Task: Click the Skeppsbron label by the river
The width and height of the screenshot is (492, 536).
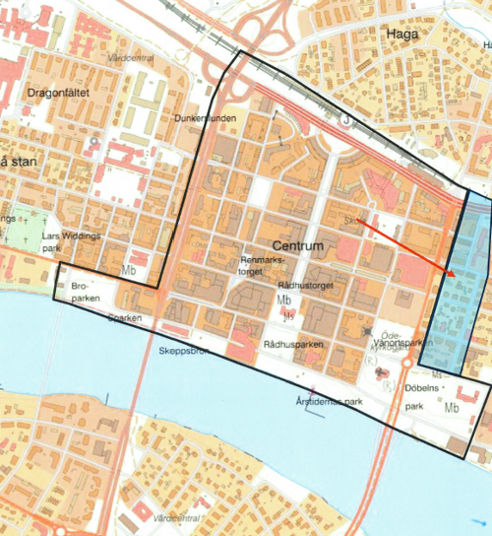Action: click(x=182, y=351)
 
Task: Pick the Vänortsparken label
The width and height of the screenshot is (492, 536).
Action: click(x=403, y=344)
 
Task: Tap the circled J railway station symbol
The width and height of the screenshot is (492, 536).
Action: click(x=345, y=121)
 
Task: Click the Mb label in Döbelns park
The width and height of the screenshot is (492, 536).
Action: click(x=452, y=407)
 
